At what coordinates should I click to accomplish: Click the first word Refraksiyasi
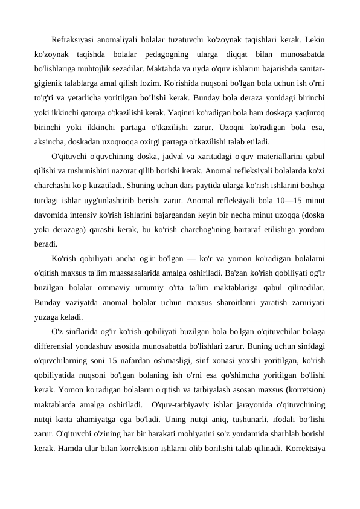click(73, 41)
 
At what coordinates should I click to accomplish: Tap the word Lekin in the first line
click(313, 41)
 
